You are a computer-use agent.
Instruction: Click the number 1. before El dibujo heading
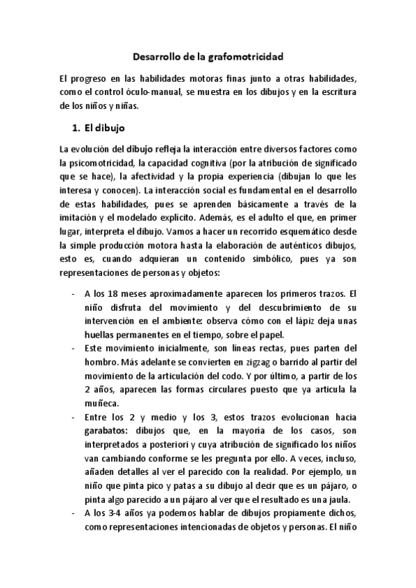pos(78,128)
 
